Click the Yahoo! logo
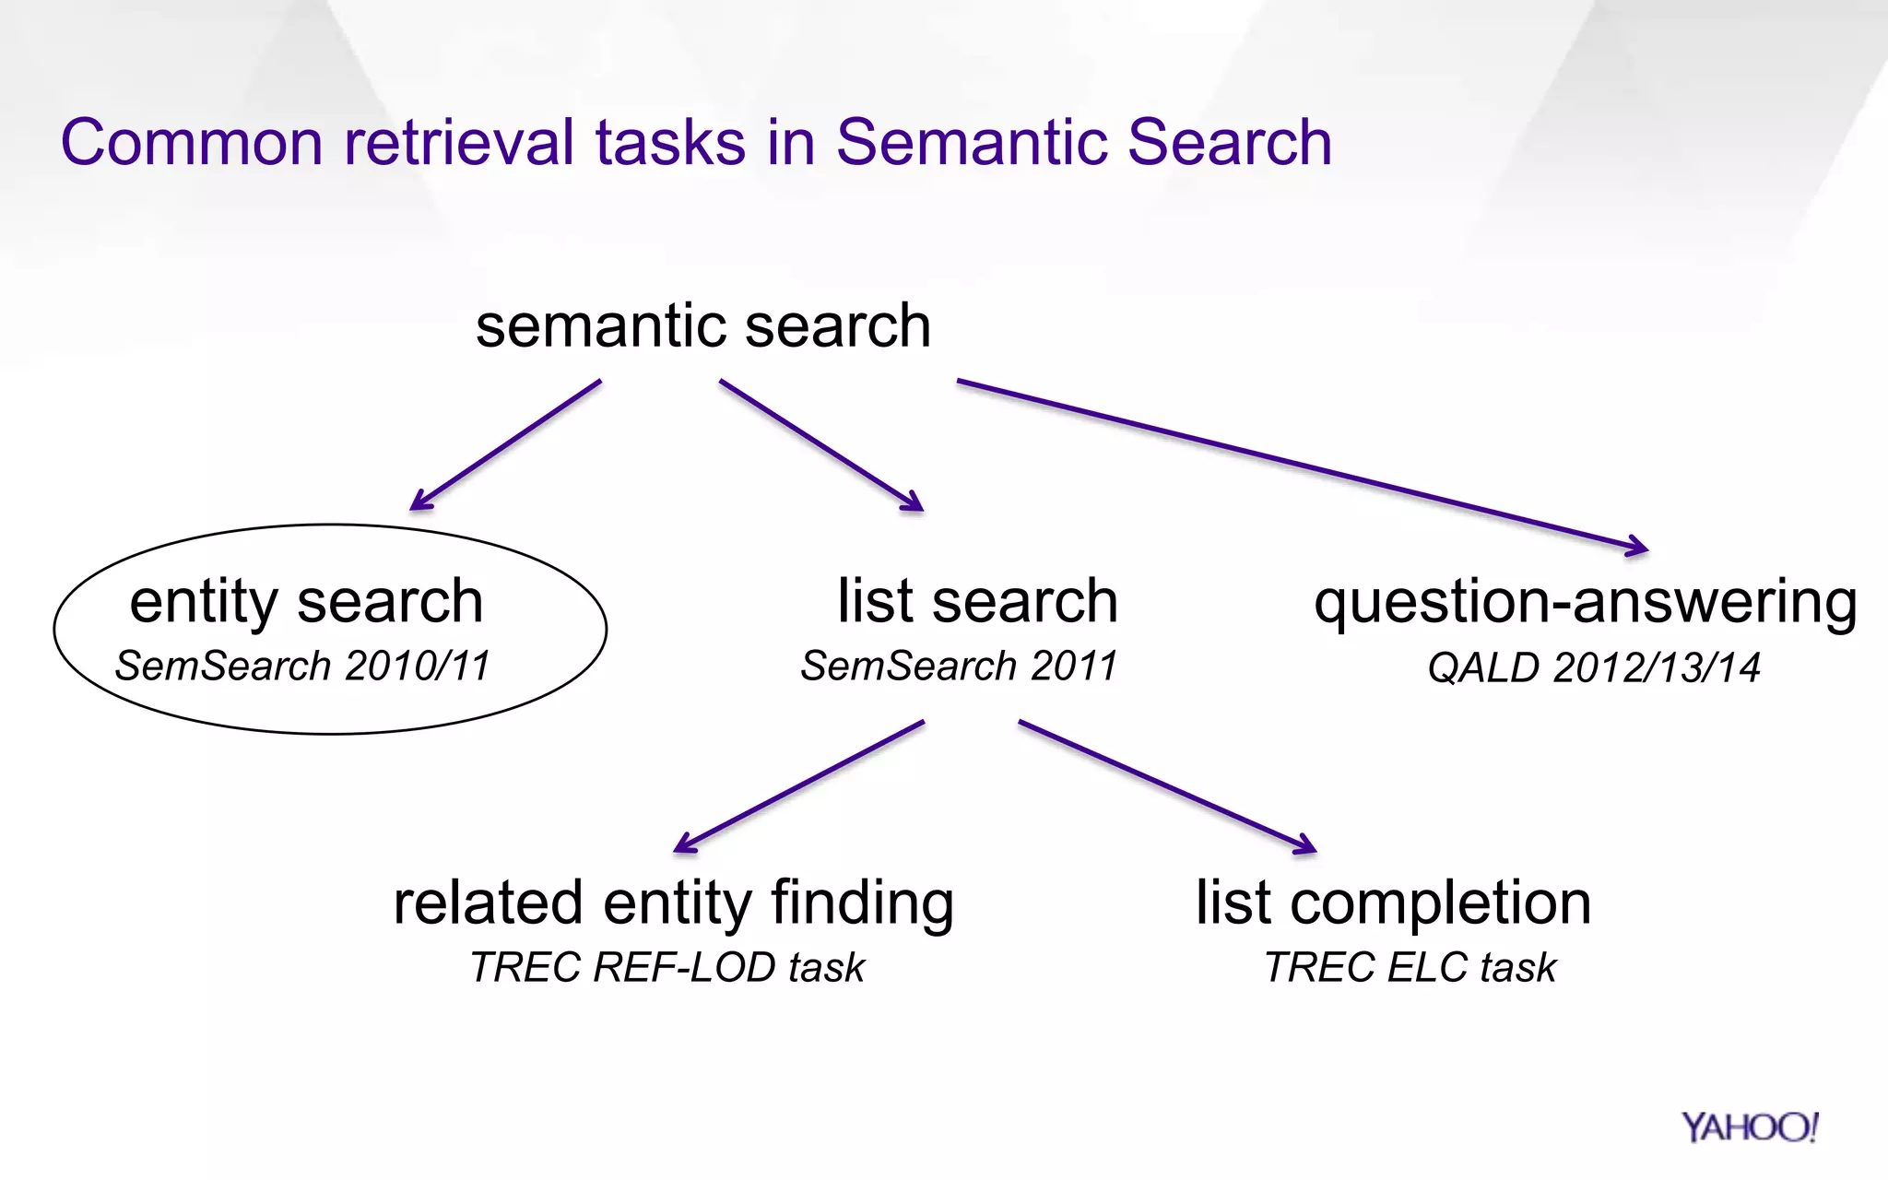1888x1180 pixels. pyautogui.click(x=1749, y=1127)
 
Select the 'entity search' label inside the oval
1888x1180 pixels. pyautogui.click(x=306, y=601)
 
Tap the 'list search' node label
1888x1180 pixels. pyautogui.click(x=977, y=601)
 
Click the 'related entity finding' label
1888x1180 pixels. pyautogui.click(x=673, y=903)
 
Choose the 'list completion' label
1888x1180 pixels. pyautogui.click(x=1393, y=903)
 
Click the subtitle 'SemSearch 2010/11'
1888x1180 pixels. pyautogui.click(x=302, y=666)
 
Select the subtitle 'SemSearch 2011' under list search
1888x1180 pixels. pyautogui.click(x=959, y=666)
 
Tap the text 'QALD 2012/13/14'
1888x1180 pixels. pyautogui.click(x=1593, y=667)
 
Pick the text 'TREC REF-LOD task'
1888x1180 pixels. pyautogui.click(x=667, y=967)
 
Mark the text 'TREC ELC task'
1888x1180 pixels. pyautogui.click(x=1410, y=967)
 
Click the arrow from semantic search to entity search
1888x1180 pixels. pyautogui.click(x=506, y=444)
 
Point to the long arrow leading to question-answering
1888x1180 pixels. pyautogui.click(x=1300, y=465)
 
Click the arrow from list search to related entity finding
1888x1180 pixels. pyautogui.click(x=799, y=785)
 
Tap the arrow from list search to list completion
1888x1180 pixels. pyautogui.click(x=1166, y=785)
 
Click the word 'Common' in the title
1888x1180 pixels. pyautogui.click(x=192, y=143)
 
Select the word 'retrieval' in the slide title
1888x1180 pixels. pyautogui.click(x=459, y=143)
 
